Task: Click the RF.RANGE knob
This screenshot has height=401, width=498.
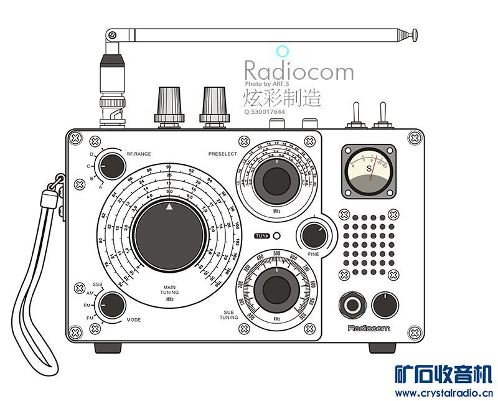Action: point(111,166)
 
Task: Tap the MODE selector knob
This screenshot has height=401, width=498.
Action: point(111,306)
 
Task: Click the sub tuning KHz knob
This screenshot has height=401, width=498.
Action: point(276,289)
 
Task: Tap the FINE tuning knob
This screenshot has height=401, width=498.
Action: point(312,236)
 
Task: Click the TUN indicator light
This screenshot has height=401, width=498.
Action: point(276,237)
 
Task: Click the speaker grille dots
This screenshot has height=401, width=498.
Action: point(368,245)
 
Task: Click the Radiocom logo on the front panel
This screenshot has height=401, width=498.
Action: point(369,328)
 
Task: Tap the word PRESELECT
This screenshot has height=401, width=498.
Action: point(222,153)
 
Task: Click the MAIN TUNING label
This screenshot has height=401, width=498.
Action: point(169,290)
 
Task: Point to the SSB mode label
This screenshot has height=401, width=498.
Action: point(97,284)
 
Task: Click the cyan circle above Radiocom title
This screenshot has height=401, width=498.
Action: point(282,51)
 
